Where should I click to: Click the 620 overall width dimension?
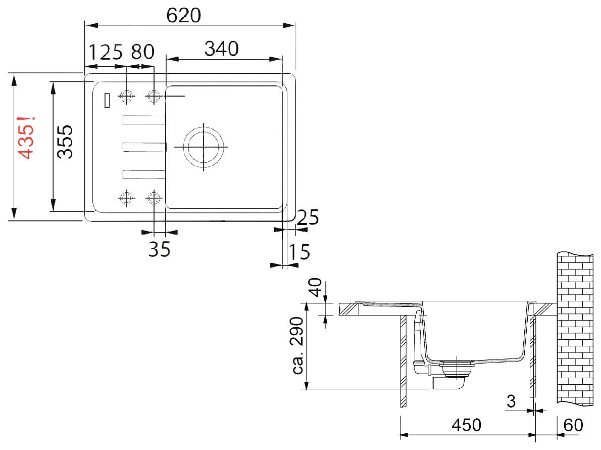pyautogui.click(x=184, y=15)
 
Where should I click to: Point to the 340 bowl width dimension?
pyautogui.click(x=222, y=49)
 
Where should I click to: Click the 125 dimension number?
pyautogui.click(x=106, y=52)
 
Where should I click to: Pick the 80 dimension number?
pyautogui.click(x=142, y=52)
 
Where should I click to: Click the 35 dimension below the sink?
pyautogui.click(x=160, y=249)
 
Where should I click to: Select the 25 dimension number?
pyautogui.click(x=308, y=217)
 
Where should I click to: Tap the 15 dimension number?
pyautogui.click(x=299, y=252)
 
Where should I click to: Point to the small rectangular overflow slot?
pyautogui.click(x=107, y=100)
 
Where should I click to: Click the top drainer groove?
pyautogui.click(x=144, y=120)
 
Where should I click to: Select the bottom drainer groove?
pyautogui.click(x=144, y=174)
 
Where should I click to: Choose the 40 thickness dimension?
pyautogui.click(x=316, y=287)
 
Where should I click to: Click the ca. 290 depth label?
pyautogui.click(x=298, y=345)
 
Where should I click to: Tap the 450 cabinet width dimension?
pyautogui.click(x=466, y=425)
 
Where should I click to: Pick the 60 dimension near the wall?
pyautogui.click(x=573, y=425)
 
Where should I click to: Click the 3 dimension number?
pyautogui.click(x=511, y=401)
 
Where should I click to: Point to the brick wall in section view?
pyautogui.click(x=575, y=329)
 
